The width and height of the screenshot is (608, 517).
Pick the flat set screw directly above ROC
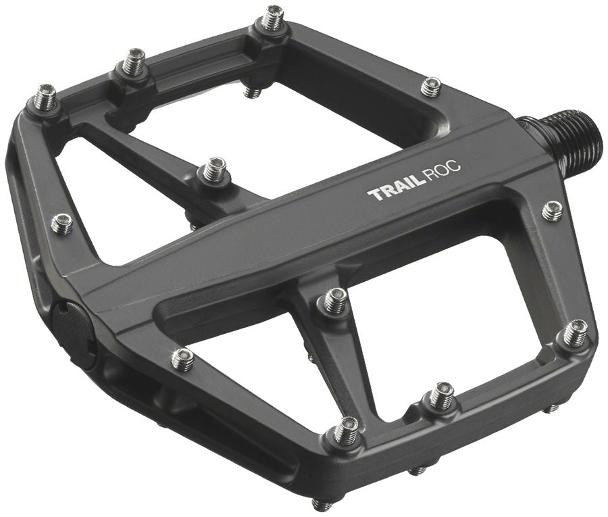(x=430, y=86)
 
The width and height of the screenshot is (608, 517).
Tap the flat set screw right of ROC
(x=552, y=210)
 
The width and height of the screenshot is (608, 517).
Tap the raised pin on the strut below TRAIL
(x=335, y=301)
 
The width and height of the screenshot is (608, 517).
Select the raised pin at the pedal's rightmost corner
(x=575, y=331)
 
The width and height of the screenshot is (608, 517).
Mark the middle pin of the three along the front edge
(x=441, y=395)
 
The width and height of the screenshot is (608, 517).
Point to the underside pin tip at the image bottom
(x=324, y=503)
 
